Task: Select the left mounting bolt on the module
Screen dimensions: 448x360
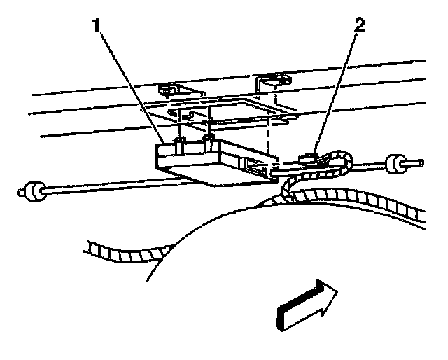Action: click(x=179, y=144)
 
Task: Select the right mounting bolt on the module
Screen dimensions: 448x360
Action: click(x=208, y=142)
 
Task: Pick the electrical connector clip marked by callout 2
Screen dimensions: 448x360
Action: click(x=310, y=158)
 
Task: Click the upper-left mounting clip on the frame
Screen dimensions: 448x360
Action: click(x=168, y=90)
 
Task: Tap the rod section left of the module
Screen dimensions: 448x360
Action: click(x=98, y=186)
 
